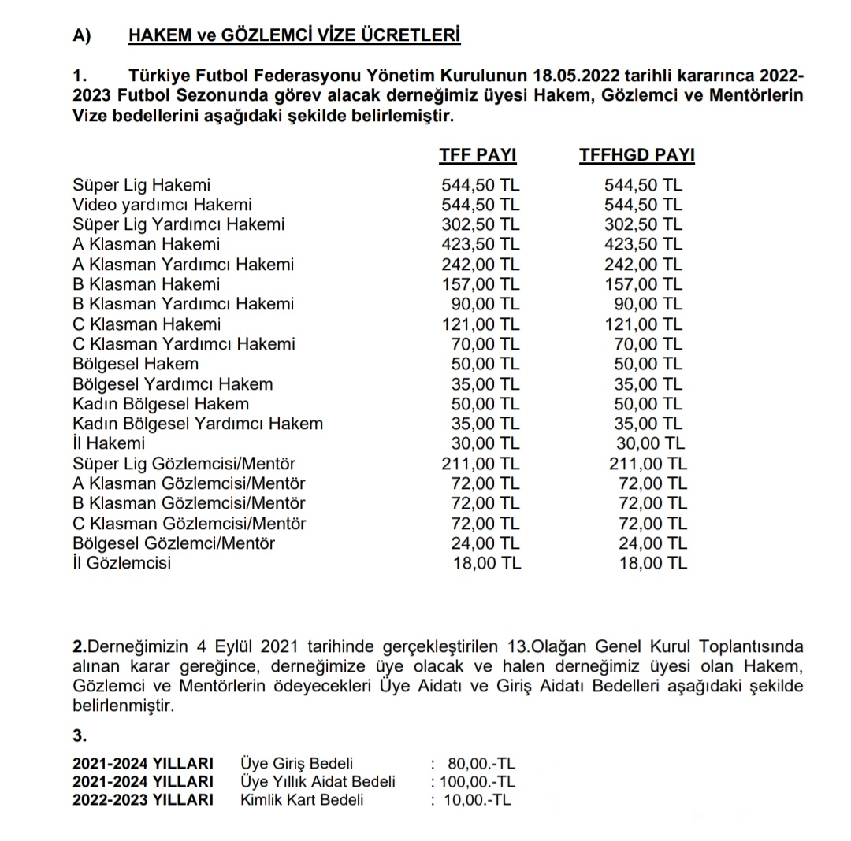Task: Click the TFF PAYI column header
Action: (x=478, y=155)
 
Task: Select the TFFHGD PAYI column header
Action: (x=637, y=155)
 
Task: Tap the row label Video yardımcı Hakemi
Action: (x=162, y=205)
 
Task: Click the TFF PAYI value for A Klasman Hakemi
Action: (x=481, y=244)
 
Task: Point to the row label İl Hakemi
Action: (x=109, y=443)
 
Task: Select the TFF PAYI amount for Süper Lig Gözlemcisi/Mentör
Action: (x=481, y=464)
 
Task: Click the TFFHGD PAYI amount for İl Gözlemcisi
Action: (x=653, y=563)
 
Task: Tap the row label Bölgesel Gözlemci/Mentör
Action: (x=173, y=543)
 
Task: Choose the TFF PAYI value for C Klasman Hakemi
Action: (x=481, y=324)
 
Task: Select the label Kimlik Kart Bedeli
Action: (x=302, y=800)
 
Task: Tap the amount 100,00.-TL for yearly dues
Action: (x=474, y=782)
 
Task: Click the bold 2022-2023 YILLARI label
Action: (x=143, y=800)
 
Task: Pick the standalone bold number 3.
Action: (x=78, y=737)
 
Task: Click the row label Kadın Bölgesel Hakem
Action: (x=161, y=404)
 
